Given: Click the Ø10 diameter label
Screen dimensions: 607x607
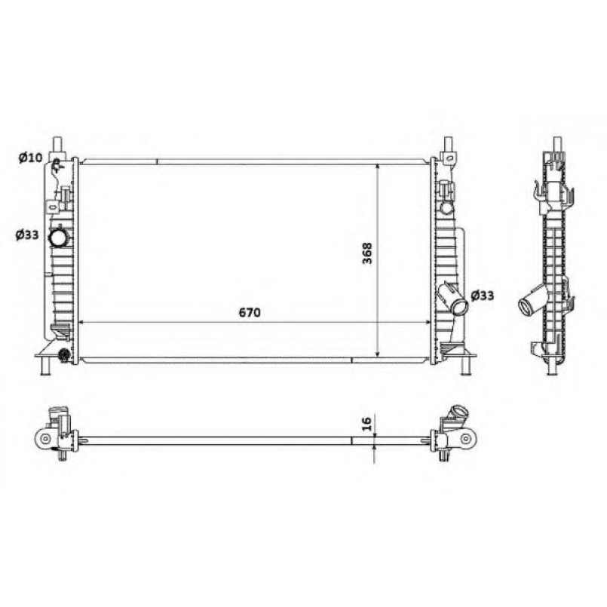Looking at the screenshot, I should [x=31, y=158].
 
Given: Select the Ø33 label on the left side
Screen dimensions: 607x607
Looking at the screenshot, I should [x=28, y=236].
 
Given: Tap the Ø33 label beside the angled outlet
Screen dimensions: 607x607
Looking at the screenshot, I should [x=482, y=295].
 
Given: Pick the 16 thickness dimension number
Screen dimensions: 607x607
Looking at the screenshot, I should [x=367, y=425].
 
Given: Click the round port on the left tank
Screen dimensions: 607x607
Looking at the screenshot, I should [x=58, y=238].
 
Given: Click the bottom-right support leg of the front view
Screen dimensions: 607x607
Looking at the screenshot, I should [x=465, y=365].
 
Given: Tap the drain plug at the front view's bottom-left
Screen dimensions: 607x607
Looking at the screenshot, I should [x=65, y=354].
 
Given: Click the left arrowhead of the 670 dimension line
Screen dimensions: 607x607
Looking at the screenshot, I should [x=82, y=323].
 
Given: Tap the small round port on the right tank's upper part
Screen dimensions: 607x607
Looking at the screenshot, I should [x=446, y=207].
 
